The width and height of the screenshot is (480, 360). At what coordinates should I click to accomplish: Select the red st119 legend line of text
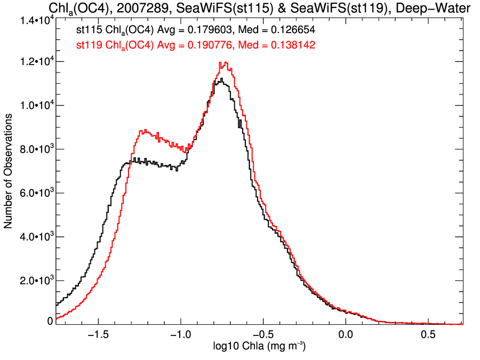point(195,46)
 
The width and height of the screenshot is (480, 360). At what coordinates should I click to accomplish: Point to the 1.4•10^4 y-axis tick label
point(35,20)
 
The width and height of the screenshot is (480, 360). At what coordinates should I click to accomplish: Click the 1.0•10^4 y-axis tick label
point(35,106)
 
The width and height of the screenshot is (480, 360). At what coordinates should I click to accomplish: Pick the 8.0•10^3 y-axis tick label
point(35,149)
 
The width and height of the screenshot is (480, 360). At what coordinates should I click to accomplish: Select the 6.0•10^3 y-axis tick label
point(35,193)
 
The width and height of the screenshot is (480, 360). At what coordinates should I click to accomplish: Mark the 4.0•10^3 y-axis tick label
point(35,237)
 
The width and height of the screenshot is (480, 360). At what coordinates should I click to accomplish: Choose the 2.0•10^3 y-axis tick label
point(35,281)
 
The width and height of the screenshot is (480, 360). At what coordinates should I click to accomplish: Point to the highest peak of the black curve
point(221,79)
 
